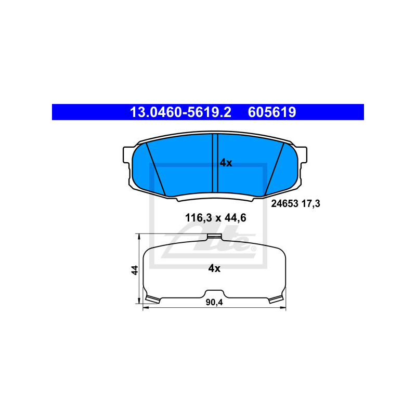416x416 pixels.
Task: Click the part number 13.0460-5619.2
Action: point(180,112)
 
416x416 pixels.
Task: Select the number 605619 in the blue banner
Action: point(272,112)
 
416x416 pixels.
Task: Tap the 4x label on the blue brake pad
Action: point(226,163)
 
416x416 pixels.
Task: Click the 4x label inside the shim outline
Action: point(214,268)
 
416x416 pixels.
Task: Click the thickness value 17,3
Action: point(310,204)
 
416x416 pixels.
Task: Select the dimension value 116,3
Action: point(199,218)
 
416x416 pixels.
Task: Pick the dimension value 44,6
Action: point(236,218)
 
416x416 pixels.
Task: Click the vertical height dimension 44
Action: point(135,270)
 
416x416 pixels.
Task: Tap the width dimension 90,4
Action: point(214,303)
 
